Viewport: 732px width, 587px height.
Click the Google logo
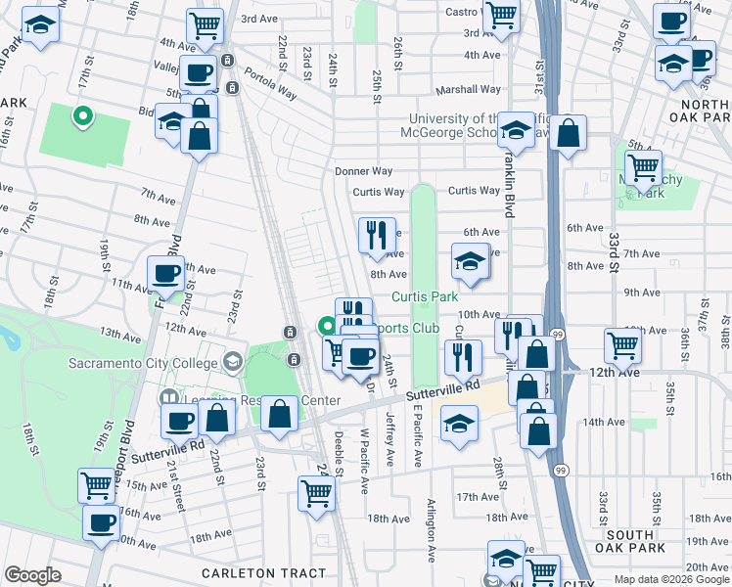[32, 575]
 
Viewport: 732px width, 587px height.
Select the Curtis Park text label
[425, 296]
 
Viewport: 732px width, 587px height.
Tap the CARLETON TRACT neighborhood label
[263, 572]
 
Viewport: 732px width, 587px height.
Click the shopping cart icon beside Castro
[501, 16]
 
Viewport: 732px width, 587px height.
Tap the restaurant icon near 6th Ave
[377, 235]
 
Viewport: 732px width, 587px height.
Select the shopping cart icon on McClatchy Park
[643, 168]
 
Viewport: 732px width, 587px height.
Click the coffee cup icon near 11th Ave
[165, 273]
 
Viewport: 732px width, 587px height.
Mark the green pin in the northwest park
[83, 116]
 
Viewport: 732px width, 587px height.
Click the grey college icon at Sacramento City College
[232, 363]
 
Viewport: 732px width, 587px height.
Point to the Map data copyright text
[671, 579]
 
